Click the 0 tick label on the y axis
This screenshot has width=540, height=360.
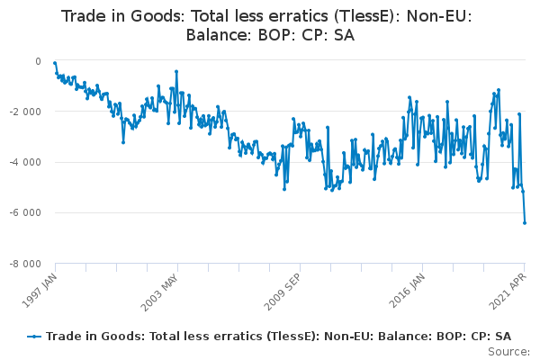38,61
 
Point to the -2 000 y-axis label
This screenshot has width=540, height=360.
25,112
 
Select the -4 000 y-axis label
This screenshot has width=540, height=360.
25,162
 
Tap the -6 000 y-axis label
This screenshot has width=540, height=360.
25,212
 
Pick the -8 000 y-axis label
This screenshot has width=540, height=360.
25,265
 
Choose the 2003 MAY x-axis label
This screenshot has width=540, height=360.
160,292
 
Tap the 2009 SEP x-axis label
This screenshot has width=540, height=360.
283,292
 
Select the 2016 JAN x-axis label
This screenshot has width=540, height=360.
407,291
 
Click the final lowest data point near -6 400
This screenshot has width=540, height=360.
525,223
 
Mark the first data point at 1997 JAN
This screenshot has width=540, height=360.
55,63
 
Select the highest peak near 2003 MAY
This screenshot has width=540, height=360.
176,72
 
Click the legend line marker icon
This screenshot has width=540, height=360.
34,337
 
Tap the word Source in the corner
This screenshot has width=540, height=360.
507,351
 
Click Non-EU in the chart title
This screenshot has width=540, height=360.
436,16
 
